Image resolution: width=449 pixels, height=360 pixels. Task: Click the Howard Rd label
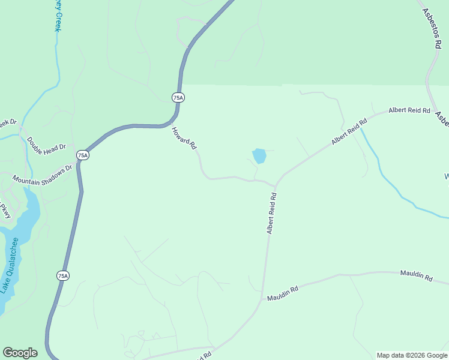[184, 137]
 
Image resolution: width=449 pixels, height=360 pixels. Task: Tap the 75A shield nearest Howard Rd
[178, 97]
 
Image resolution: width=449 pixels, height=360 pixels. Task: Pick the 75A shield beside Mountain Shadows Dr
[83, 155]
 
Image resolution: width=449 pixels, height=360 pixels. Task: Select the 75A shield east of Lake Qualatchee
[63, 275]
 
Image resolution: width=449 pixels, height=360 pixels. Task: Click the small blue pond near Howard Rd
[259, 156]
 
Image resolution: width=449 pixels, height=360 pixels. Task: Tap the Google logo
[20, 353]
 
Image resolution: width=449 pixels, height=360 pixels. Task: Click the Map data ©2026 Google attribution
[411, 355]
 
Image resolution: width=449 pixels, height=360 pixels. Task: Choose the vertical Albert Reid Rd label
[271, 213]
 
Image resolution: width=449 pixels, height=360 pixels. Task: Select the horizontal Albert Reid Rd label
[409, 110]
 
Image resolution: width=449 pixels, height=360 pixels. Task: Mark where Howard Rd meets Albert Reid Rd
[276, 185]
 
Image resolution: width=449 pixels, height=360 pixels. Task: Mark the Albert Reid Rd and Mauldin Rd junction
[262, 297]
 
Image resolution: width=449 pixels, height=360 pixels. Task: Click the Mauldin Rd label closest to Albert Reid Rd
[283, 294]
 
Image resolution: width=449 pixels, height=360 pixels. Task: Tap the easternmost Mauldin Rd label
[416, 276]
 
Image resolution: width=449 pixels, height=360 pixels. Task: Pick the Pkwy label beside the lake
[5, 211]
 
